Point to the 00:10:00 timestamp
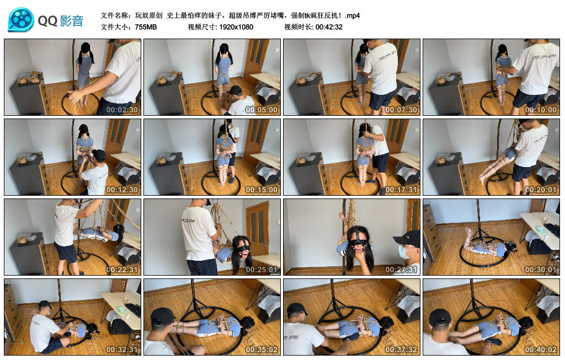[x=541, y=110]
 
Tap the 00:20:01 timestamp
[x=541, y=190]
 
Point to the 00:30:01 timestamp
[x=541, y=270]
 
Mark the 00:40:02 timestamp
[x=541, y=350]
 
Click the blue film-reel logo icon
[x=21, y=20]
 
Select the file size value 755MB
[x=146, y=26]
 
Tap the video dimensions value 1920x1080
[x=236, y=26]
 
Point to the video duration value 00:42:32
[x=329, y=26]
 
